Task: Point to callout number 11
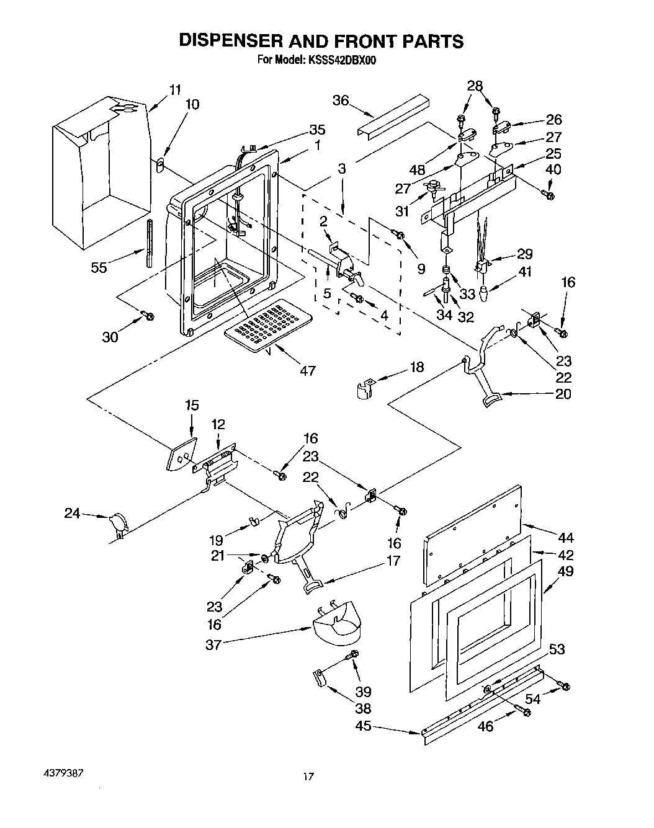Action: (x=176, y=89)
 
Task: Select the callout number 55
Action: (x=99, y=267)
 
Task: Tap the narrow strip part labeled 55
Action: (x=150, y=242)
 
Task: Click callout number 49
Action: (x=565, y=571)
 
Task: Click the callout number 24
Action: (x=73, y=513)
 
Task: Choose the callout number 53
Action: (x=557, y=649)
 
